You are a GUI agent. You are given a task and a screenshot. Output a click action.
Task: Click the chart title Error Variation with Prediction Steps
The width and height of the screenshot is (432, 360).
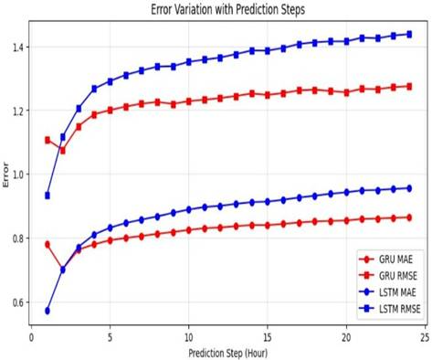[227, 9]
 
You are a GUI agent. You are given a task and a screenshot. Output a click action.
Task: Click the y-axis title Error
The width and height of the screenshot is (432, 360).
[5, 175]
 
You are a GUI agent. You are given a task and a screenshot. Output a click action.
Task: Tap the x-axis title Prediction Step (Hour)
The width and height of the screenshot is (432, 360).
[228, 354]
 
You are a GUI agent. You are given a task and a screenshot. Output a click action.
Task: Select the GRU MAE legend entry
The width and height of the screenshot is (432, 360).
[386, 259]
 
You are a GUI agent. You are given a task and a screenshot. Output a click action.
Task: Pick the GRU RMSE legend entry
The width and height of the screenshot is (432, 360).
[388, 276]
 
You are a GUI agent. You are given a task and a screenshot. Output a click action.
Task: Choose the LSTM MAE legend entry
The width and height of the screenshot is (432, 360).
[387, 292]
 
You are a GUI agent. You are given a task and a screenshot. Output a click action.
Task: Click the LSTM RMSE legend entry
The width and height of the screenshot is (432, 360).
[390, 309]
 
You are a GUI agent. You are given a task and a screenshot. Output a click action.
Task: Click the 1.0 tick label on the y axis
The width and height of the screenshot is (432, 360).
[20, 175]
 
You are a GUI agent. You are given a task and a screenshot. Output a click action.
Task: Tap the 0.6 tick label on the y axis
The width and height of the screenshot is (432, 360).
[20, 302]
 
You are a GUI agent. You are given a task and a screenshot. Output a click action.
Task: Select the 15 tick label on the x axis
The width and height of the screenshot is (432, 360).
[268, 338]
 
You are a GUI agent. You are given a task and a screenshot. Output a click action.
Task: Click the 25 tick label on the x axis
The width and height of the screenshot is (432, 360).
[425, 338]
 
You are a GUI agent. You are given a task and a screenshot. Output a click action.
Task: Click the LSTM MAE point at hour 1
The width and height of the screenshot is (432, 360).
[47, 311]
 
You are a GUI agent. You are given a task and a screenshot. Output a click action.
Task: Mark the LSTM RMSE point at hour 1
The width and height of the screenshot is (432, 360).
[47, 196]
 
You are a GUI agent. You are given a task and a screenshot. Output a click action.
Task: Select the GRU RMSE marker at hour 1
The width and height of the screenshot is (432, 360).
[47, 140]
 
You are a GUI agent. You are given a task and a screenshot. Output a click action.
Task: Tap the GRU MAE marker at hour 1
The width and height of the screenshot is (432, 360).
[47, 244]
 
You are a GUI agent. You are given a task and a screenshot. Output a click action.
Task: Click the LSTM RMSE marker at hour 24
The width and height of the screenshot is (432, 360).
[409, 34]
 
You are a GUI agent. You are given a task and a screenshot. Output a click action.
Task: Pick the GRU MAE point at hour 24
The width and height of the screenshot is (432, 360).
[409, 217]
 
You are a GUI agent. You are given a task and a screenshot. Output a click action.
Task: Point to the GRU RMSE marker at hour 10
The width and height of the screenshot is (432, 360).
[189, 101]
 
